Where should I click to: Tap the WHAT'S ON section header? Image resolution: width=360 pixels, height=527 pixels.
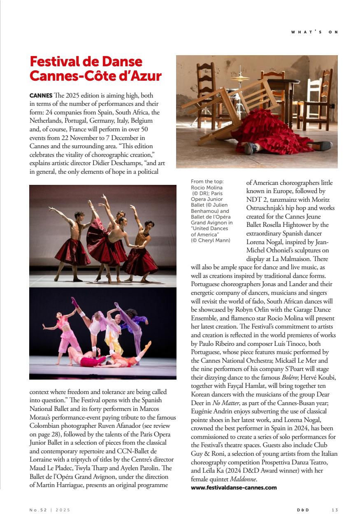pos(314,32)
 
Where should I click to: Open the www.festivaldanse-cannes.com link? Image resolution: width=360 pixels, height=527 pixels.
pos(234,487)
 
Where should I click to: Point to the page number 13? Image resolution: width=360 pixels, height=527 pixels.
pos(334,510)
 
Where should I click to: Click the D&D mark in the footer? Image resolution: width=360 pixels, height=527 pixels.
pos(303,510)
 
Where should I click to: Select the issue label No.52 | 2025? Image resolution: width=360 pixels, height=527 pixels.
pos(50,510)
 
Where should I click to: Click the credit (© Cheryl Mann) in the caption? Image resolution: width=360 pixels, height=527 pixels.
pos(211,240)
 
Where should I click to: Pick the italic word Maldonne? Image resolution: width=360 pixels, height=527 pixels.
pos(244,479)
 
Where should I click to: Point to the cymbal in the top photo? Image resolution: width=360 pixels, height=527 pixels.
pos(240,78)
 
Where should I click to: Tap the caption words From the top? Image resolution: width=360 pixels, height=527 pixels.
pos(207,182)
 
